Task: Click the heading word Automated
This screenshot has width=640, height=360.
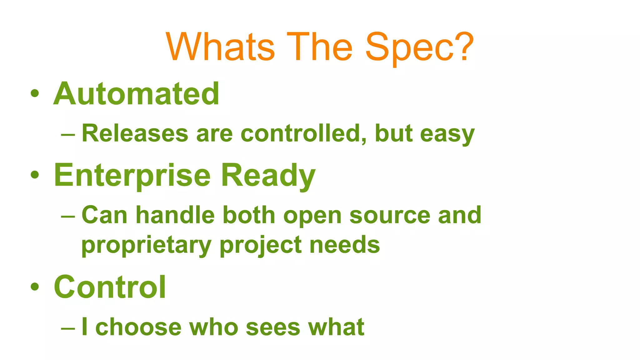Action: point(137,94)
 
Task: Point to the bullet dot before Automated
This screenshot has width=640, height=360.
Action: point(35,93)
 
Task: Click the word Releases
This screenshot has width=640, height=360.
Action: point(135,133)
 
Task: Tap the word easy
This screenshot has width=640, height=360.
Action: point(447,134)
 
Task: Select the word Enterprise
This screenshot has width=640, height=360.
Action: point(132,176)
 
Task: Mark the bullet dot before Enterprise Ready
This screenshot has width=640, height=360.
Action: point(35,175)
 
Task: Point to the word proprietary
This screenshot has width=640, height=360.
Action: point(146,245)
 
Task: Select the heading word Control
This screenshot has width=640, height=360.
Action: point(110,287)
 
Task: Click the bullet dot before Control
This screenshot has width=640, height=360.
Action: point(35,287)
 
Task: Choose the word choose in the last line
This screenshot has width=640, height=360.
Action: point(138,327)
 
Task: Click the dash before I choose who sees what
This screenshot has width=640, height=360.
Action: point(68,328)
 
